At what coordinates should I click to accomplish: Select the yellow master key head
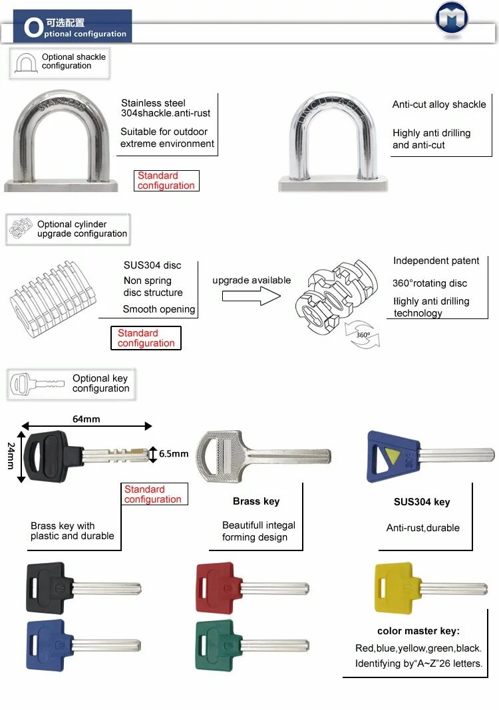[393, 588]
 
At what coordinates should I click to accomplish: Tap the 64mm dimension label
[86, 418]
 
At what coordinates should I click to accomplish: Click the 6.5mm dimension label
[174, 454]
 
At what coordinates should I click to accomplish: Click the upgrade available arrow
[251, 296]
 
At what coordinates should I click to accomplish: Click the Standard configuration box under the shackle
[167, 181]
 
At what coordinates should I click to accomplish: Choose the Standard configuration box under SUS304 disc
[146, 338]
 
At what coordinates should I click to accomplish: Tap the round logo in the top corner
[452, 18]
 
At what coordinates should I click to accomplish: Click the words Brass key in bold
[255, 501]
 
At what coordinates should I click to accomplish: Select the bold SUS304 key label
[422, 502]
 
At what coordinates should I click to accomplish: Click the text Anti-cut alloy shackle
[439, 104]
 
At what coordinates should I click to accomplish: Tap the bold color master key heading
[418, 631]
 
